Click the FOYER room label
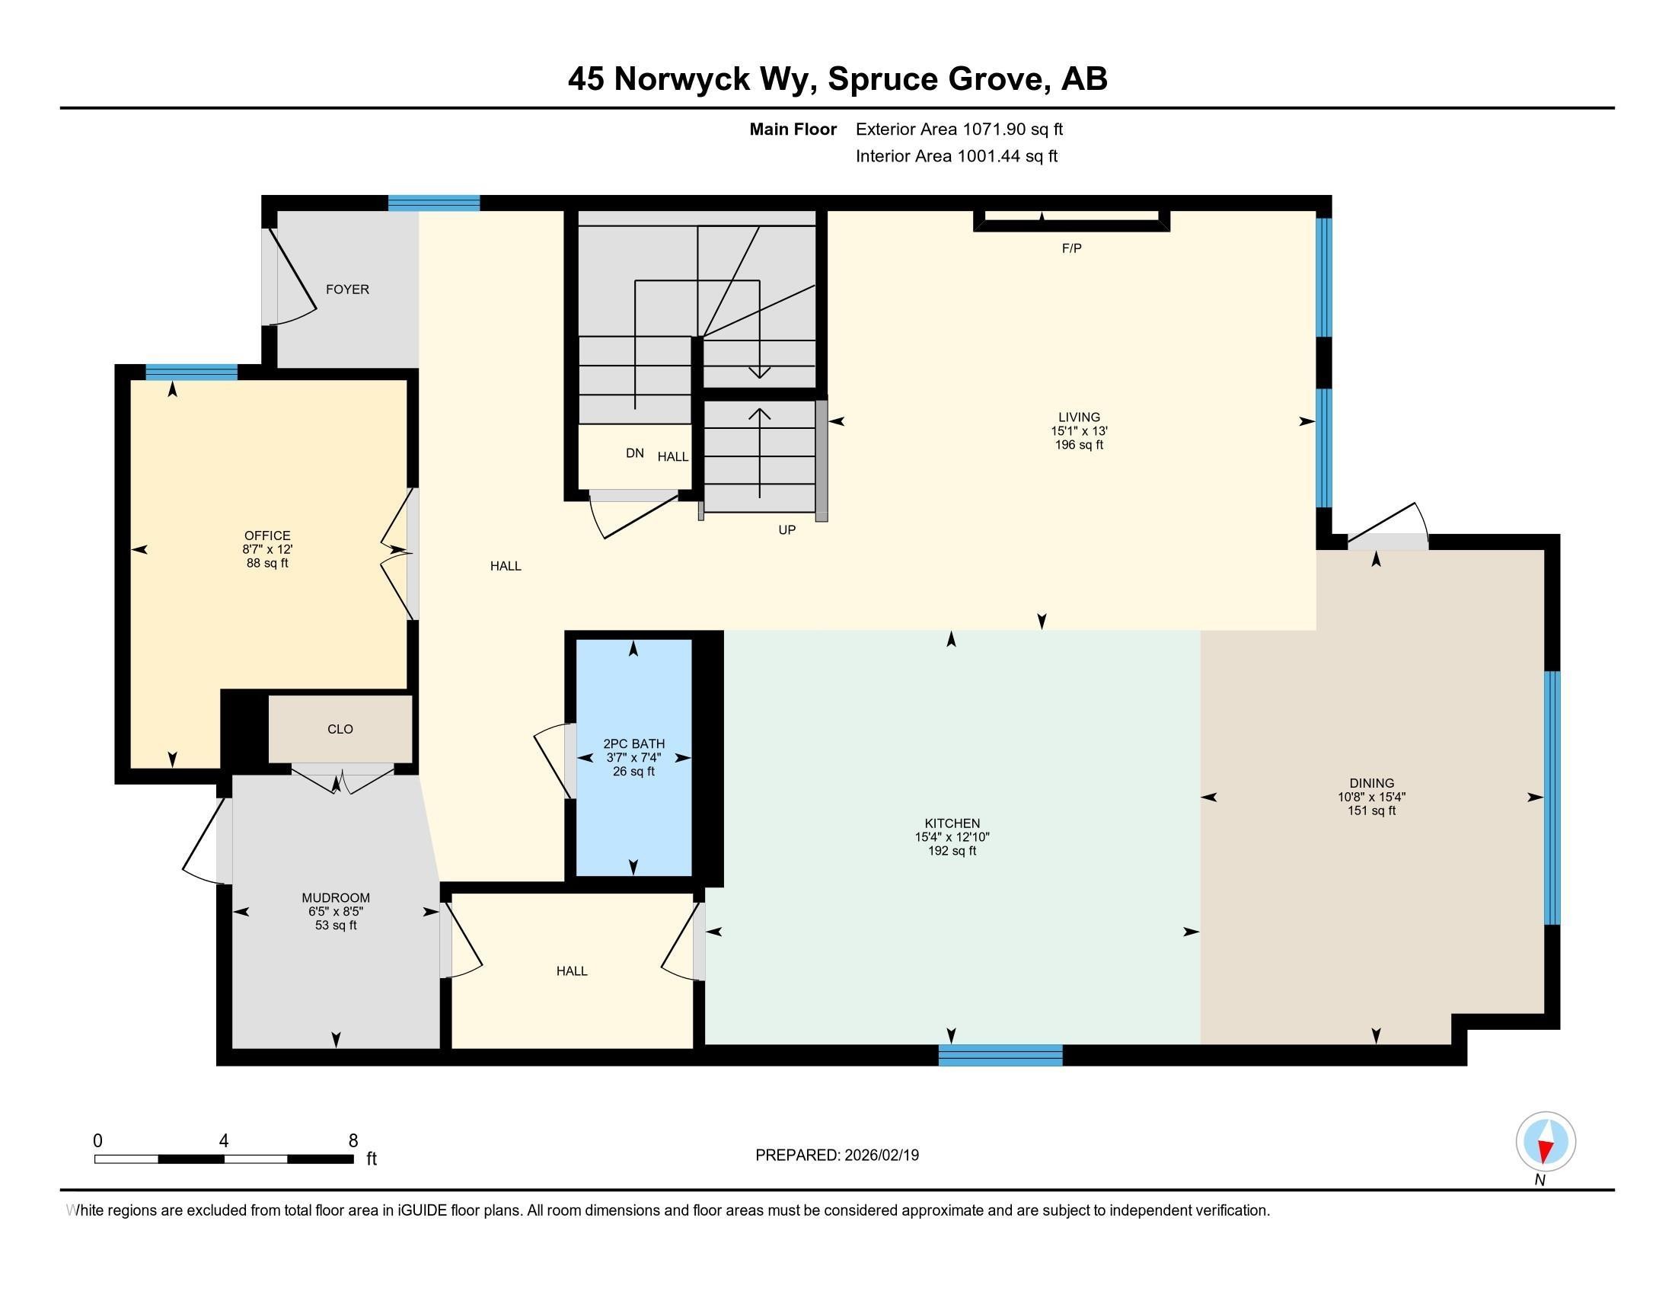[347, 289]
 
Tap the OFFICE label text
[267, 536]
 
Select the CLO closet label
[340, 729]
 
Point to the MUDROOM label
[336, 897]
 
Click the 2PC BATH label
[633, 743]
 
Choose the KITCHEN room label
[952, 823]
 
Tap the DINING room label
[1371, 783]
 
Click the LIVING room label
[1079, 417]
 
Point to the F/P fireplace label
[1071, 248]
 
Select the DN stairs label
[634, 453]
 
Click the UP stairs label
[787, 530]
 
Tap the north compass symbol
[1546, 1142]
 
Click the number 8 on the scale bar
[353, 1141]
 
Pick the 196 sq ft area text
[1079, 445]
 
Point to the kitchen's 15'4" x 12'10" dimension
[952, 837]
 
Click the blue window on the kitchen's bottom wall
[1001, 1056]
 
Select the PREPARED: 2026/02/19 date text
[837, 1156]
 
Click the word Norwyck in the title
[681, 79]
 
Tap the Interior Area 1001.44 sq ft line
[956, 156]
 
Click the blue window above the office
[191, 372]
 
